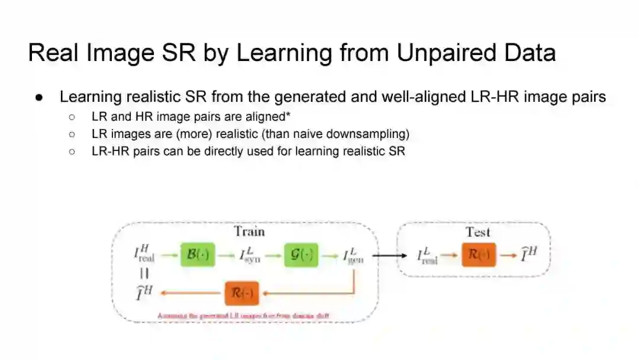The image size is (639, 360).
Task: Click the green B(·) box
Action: pyautogui.click(x=198, y=255)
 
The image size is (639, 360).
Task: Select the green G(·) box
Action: pyautogui.click(x=301, y=255)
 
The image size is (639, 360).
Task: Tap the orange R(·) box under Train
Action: pyautogui.click(x=242, y=293)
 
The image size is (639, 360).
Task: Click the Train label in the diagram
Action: pyautogui.click(x=249, y=231)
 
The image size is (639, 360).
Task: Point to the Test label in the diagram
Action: pyautogui.click(x=477, y=232)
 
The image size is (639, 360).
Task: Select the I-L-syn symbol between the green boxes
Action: pyautogui.click(x=250, y=256)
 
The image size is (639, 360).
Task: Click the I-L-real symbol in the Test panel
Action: pyautogui.click(x=427, y=256)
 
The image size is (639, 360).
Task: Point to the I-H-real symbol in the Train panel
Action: pyautogui.click(x=143, y=256)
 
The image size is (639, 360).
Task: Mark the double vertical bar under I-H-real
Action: pyautogui.click(x=144, y=274)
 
